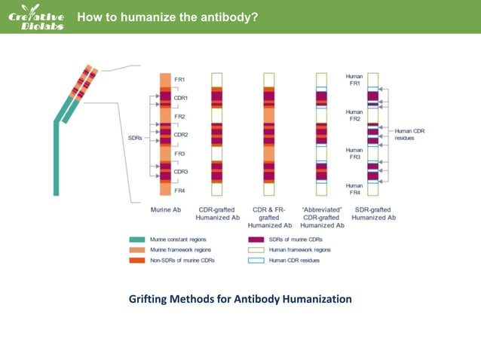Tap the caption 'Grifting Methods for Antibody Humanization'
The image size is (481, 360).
click(x=240, y=299)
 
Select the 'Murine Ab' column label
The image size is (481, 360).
click(x=164, y=209)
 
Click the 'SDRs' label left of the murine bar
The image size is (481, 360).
click(x=135, y=138)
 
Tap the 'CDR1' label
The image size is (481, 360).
click(x=181, y=98)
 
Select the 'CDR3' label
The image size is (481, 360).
click(x=181, y=172)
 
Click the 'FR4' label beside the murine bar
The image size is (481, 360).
click(x=179, y=191)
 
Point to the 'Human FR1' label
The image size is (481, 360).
click(x=354, y=80)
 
